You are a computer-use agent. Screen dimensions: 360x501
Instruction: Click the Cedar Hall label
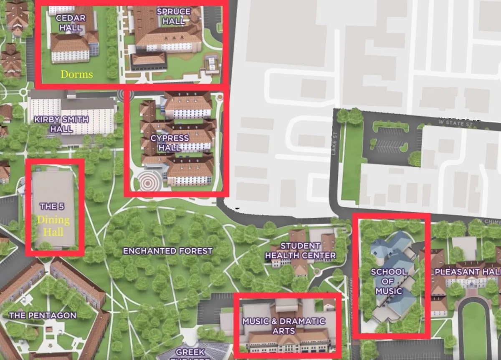[x=71, y=23]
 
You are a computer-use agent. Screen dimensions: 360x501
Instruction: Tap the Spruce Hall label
[x=174, y=16]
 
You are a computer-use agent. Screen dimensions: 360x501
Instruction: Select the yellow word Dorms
[x=76, y=74]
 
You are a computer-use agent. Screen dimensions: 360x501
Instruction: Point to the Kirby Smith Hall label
[x=61, y=124]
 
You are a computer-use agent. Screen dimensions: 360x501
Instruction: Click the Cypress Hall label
[x=170, y=142]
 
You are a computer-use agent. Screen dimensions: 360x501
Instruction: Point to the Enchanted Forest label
[x=167, y=251]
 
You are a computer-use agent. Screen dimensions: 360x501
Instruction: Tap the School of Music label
[x=389, y=281]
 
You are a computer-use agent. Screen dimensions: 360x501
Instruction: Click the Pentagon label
[x=43, y=315]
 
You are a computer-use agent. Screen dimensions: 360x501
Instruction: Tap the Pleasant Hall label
[x=467, y=272]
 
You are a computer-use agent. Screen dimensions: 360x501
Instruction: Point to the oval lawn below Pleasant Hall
[x=474, y=325]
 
